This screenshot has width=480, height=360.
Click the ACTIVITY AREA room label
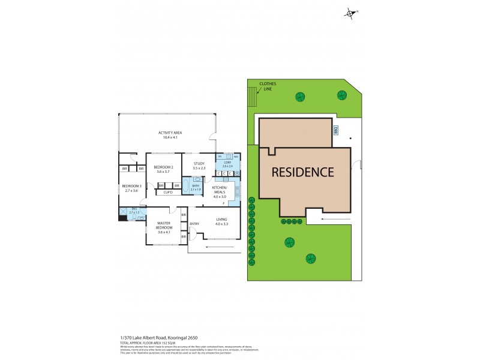click(x=170, y=135)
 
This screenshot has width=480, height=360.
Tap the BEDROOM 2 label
click(x=163, y=169)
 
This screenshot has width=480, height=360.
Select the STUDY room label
click(x=199, y=166)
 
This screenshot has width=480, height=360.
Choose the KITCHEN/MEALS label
click(x=220, y=192)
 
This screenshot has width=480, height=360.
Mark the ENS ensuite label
click(x=134, y=211)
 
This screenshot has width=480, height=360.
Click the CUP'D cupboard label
click(x=168, y=193)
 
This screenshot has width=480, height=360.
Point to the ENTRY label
click(x=194, y=224)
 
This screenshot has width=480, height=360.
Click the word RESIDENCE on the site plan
click(x=302, y=172)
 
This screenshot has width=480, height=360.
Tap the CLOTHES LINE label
click(x=265, y=87)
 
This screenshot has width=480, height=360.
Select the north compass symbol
click(x=350, y=13)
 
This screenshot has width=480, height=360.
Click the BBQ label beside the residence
click(x=337, y=130)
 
